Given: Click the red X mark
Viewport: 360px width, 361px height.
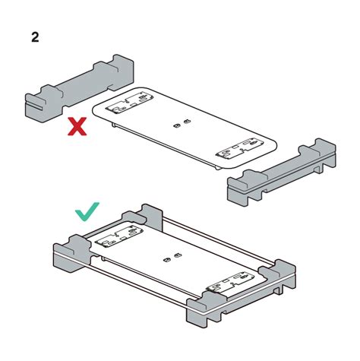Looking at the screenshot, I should (77, 125).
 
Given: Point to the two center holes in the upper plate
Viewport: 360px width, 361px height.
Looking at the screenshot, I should (181, 124).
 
